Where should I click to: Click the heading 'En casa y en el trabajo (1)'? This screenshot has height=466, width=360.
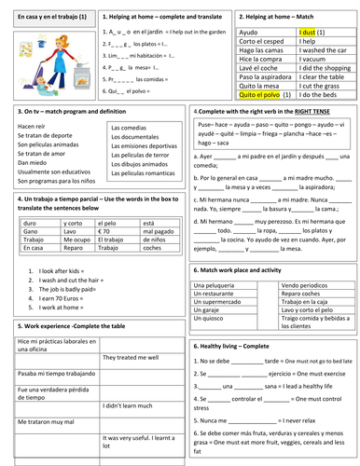48,17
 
